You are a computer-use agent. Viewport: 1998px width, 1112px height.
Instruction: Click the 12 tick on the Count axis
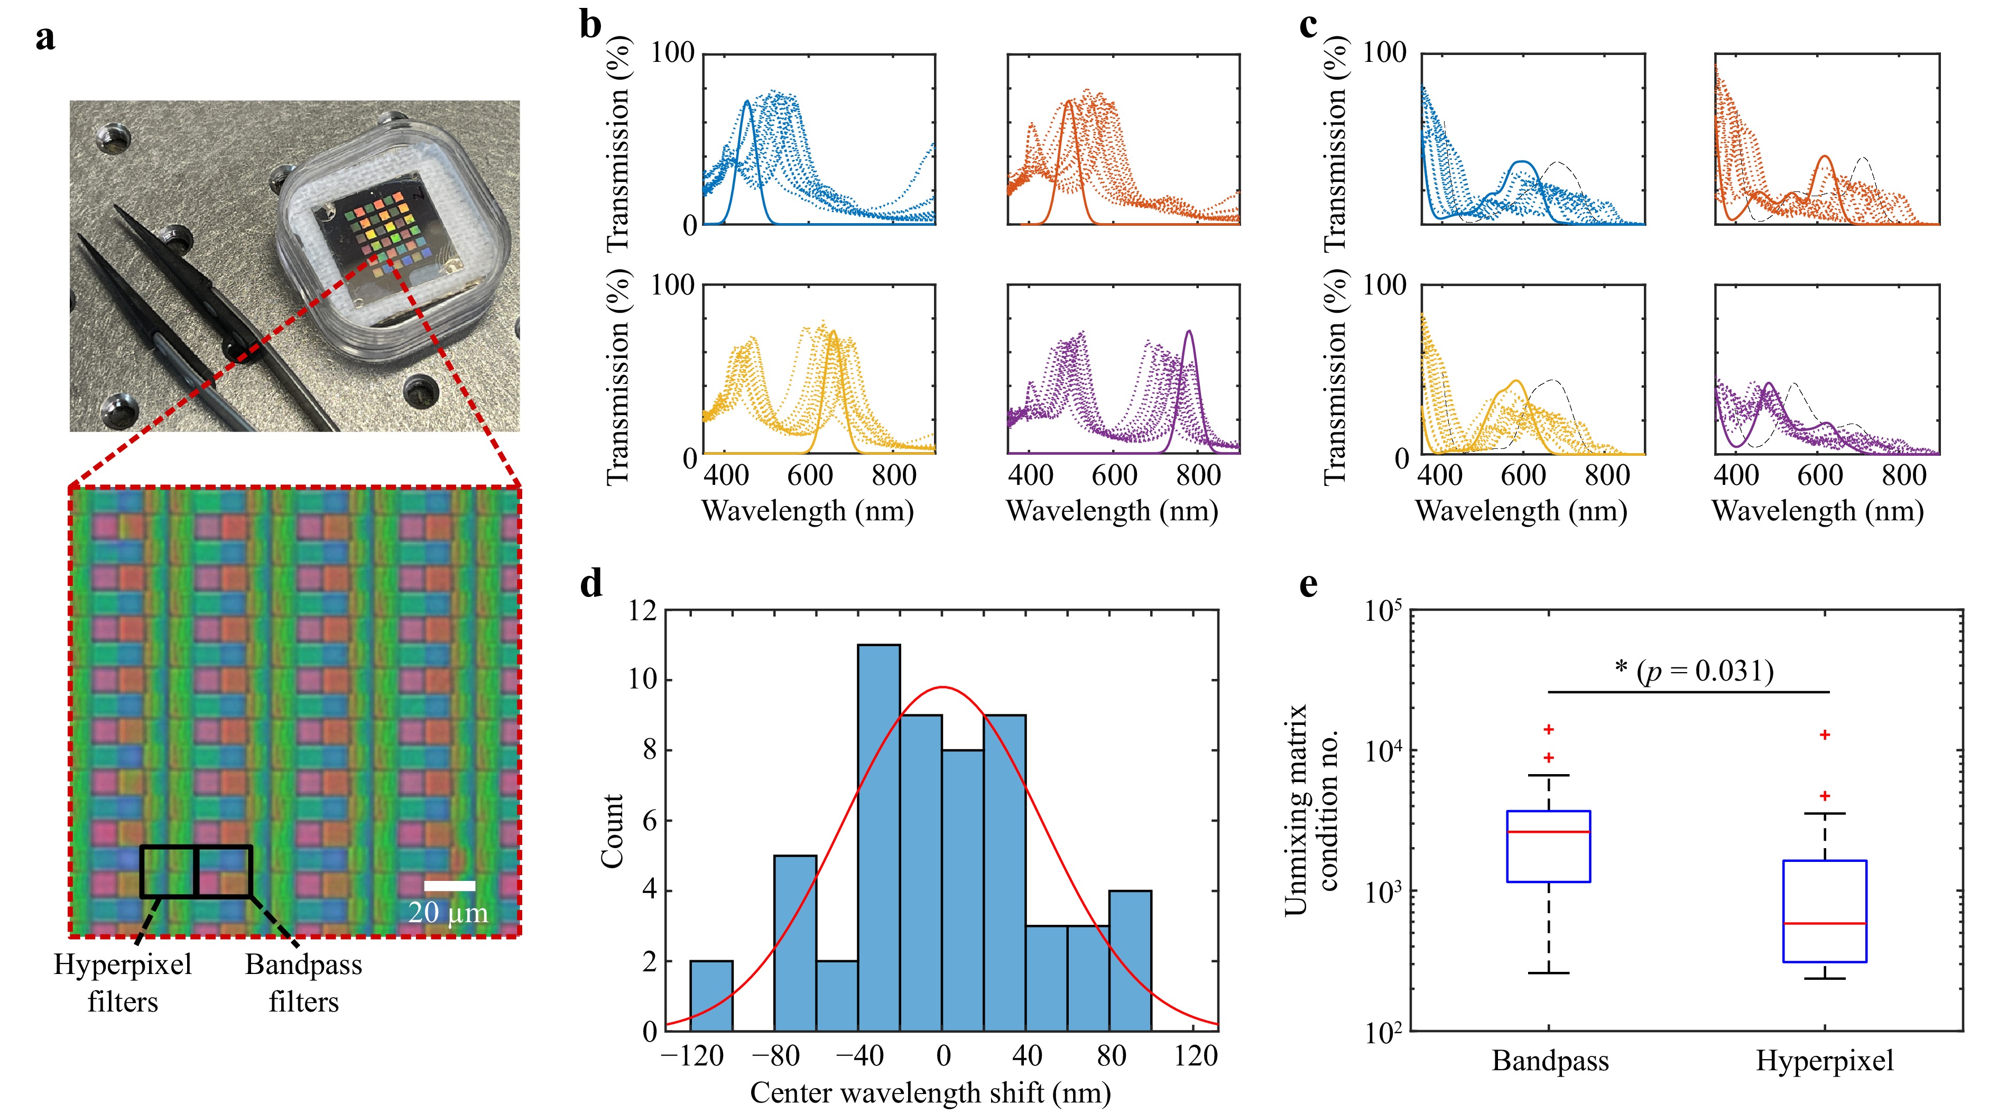click(x=643, y=611)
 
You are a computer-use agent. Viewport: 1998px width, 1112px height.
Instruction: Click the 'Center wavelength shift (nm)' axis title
click(x=930, y=1092)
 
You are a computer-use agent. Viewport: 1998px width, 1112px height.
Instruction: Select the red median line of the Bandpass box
click(x=1548, y=832)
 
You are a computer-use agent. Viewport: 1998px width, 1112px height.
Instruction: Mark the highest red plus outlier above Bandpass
click(x=1548, y=729)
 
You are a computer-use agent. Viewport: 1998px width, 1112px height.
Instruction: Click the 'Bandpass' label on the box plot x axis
click(x=1550, y=1061)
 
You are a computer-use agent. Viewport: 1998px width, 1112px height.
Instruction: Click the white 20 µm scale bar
click(x=449, y=885)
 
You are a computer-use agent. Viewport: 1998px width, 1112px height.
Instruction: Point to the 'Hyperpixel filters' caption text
click(x=123, y=982)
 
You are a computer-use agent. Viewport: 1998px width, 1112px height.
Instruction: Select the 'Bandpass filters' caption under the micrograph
click(x=303, y=982)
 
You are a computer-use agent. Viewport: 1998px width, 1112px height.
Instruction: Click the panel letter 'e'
click(x=1308, y=584)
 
